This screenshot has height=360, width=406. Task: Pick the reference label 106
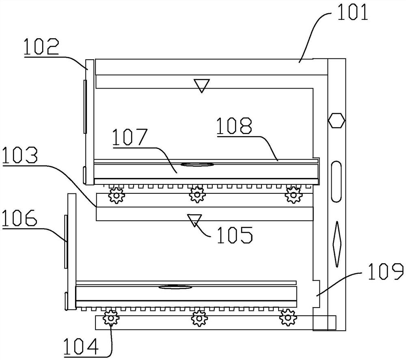pyautogui.click(x=19, y=220)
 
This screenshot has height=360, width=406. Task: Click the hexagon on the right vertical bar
pyautogui.click(x=336, y=120)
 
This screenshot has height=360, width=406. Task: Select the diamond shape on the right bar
pyautogui.click(x=336, y=244)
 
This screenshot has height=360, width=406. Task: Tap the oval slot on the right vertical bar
pyautogui.click(x=336, y=182)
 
